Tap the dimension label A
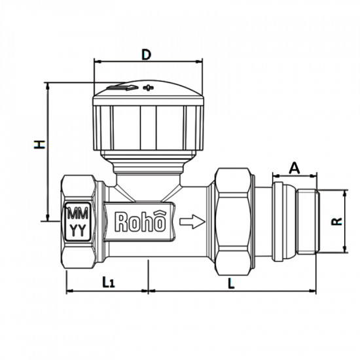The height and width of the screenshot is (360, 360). point(294,168)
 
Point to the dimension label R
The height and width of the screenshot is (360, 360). point(335,221)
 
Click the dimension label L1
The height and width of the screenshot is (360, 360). point(109,281)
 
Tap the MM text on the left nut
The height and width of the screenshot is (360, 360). point(77,214)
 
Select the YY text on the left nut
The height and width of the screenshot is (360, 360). point(77,229)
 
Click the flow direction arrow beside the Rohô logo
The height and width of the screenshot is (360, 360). point(191,222)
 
